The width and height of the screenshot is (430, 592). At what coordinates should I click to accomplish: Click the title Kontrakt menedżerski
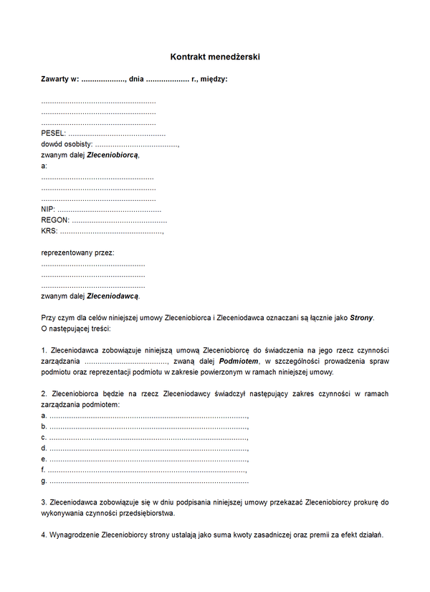point(215,55)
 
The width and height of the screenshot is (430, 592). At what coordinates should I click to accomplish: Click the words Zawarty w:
point(60,79)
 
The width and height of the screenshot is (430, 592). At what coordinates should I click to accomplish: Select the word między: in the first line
point(214,79)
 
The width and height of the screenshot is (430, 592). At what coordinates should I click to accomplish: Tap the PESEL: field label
point(54,133)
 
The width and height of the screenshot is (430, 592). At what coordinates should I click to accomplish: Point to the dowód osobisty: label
point(67,144)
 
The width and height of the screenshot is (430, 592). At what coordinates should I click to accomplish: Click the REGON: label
point(55,220)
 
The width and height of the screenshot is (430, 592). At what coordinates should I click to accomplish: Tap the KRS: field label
point(49,231)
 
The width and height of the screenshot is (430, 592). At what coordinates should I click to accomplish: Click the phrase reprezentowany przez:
point(77,253)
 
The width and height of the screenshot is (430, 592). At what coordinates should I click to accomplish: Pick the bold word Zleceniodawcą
point(113,296)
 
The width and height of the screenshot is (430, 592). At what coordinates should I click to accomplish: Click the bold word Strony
point(361,318)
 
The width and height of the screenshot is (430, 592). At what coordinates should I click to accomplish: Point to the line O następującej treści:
point(75,329)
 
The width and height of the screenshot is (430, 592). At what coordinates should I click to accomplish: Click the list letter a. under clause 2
point(44,415)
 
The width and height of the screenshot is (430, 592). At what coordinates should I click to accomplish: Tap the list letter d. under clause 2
point(44,448)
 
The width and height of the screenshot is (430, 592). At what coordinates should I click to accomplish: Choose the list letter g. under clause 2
point(44,480)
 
